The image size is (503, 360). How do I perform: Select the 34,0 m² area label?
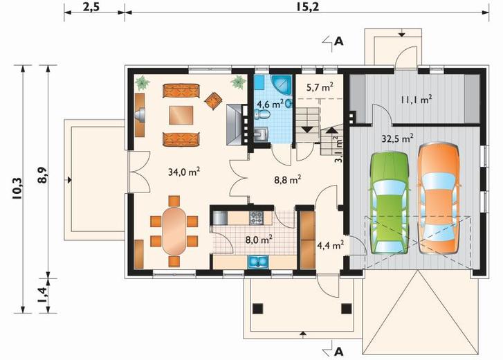point(184,172)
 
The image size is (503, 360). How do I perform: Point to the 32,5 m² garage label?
point(397,138)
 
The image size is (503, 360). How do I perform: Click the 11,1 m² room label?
point(416,100)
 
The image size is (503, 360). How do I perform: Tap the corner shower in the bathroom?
point(282,84)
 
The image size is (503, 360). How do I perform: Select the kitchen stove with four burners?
point(256,217)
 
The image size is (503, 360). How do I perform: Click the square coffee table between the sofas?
point(181,115)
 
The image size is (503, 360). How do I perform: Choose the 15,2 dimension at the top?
point(307,7)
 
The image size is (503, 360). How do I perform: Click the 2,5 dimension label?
point(91,7)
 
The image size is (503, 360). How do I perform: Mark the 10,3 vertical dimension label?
point(17,188)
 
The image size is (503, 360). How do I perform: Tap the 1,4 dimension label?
point(42,294)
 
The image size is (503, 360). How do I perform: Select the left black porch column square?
point(257,308)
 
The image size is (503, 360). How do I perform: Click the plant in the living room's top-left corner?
point(142,83)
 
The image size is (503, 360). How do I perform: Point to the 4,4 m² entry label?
point(331,246)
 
